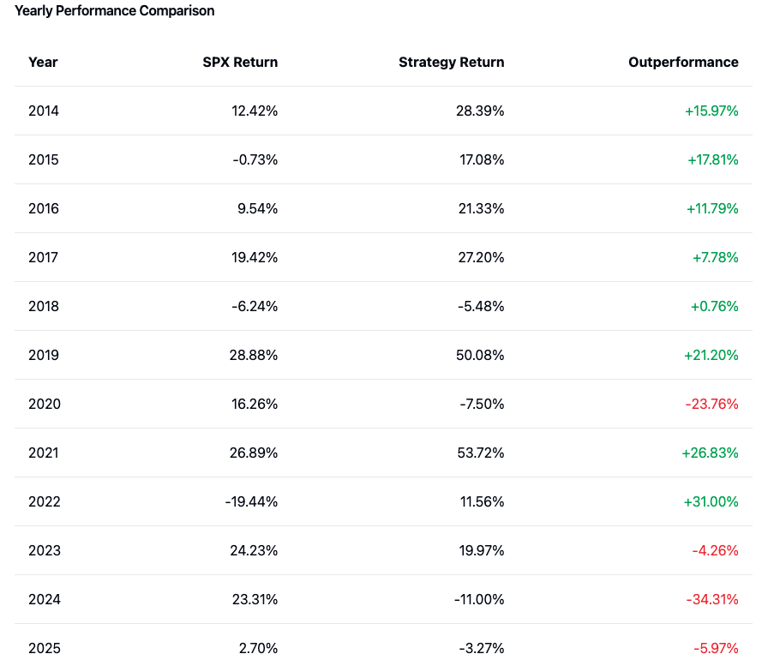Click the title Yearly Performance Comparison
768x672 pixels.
pos(115,11)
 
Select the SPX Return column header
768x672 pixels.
pos(240,62)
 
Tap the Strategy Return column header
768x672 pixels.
pos(451,62)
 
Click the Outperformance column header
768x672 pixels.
pos(683,62)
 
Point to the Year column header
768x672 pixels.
pos(43,62)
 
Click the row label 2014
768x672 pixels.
pos(44,111)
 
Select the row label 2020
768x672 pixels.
pos(45,404)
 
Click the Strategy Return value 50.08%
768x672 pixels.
pos(480,355)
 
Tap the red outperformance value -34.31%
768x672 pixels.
pos(711,599)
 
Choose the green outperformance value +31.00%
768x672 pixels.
pos(711,501)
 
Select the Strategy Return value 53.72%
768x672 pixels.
pos(480,453)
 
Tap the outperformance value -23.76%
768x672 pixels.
pos(711,404)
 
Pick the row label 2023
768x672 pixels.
pos(45,550)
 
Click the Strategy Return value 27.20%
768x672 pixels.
pos(480,257)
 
